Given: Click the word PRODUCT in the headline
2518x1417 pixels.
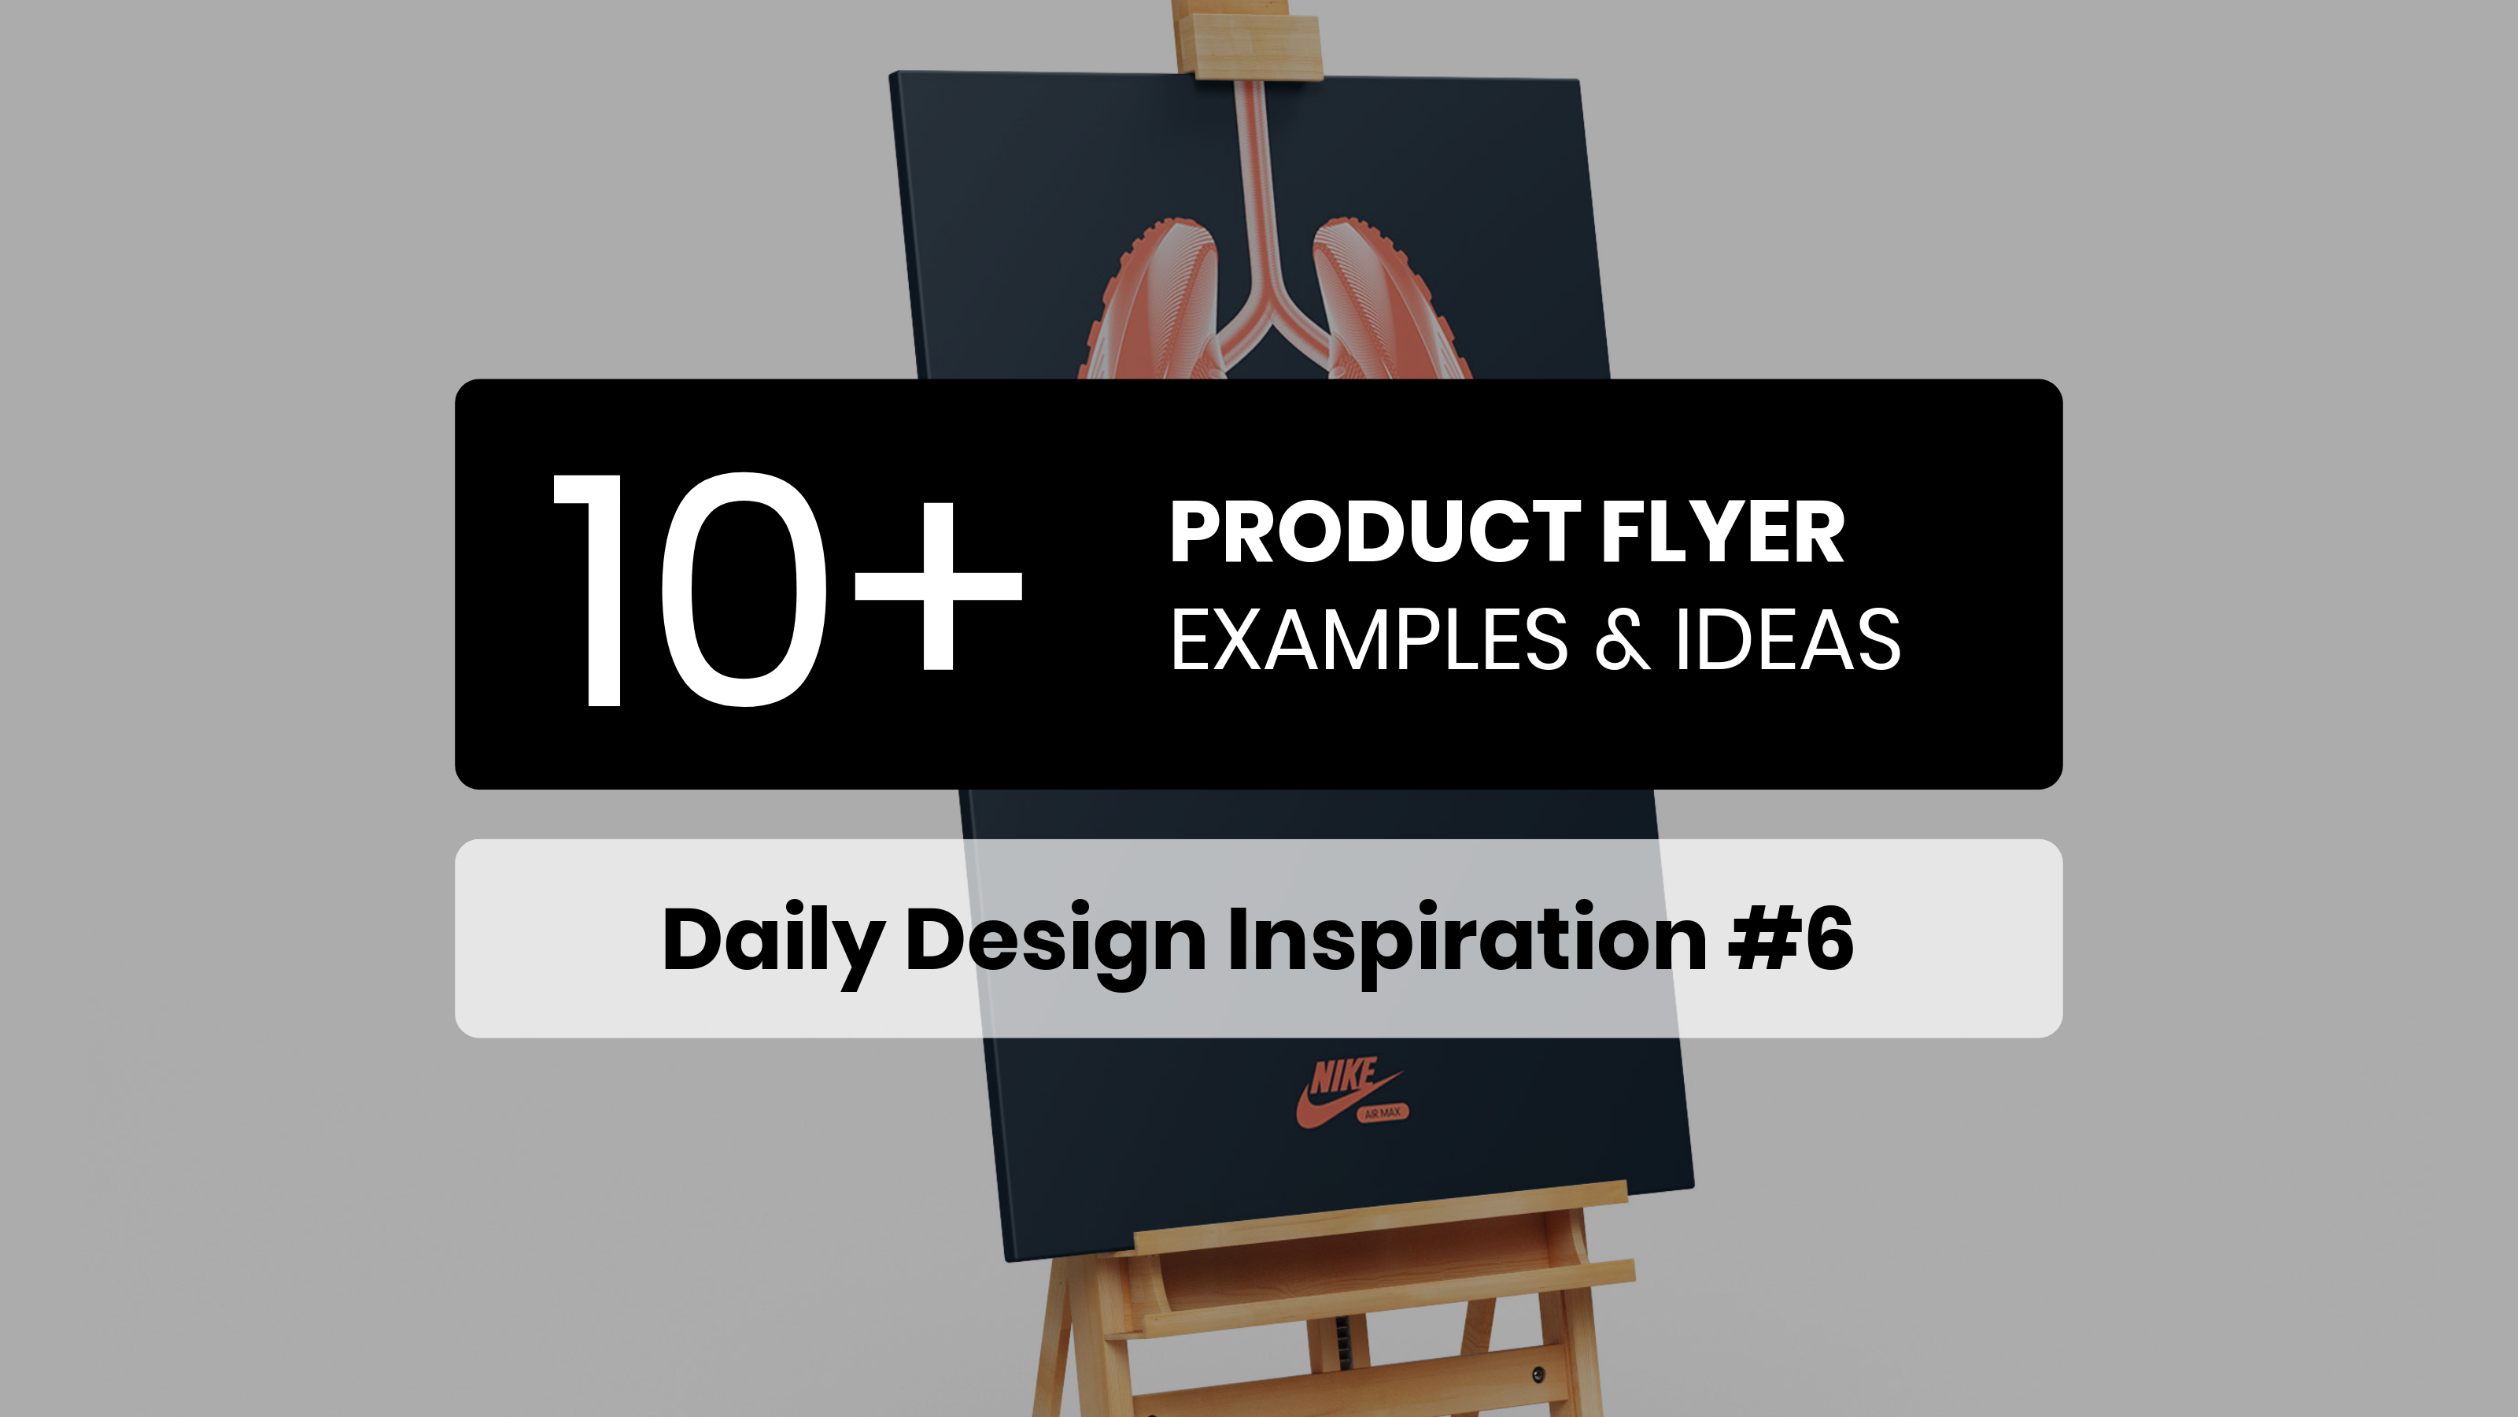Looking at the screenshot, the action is pos(1375,532).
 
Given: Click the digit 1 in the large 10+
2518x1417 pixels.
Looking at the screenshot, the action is pos(589,590).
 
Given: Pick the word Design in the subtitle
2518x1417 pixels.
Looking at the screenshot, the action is pos(1056,942).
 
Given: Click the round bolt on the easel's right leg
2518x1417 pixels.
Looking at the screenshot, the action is pos(1538,1375).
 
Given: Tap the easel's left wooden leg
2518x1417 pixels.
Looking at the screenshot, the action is pos(1065,1340).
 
